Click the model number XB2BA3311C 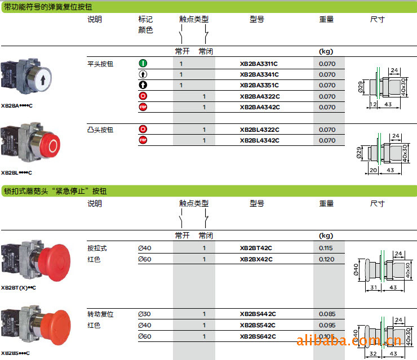coord(259,64)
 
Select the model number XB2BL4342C coord(259,140)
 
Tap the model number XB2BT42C coord(256,248)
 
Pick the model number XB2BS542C coord(258,325)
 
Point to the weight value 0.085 coord(327,314)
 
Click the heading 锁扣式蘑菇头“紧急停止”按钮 coord(55,192)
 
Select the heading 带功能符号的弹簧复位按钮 coord(48,7)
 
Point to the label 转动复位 coord(100,314)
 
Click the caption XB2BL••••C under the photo coord(17,173)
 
